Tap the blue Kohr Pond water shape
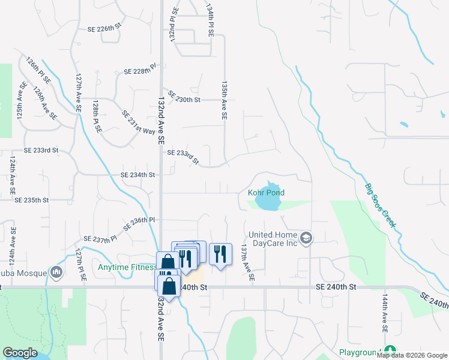point(268,202)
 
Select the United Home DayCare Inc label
point(273,238)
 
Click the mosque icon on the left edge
point(56,273)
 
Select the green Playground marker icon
point(391,350)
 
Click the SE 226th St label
point(104,28)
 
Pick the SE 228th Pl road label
point(140,70)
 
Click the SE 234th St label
point(138,175)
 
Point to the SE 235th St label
point(31,199)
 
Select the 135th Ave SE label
point(225,101)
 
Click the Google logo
point(20,353)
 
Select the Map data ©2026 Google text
point(411,355)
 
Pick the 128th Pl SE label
point(96,117)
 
